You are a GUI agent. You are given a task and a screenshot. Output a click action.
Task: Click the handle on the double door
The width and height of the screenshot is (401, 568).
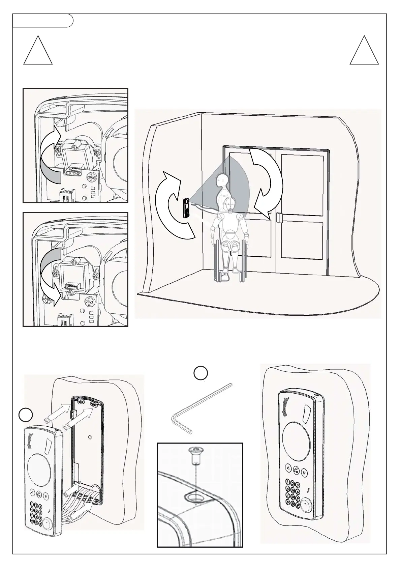click(x=279, y=218)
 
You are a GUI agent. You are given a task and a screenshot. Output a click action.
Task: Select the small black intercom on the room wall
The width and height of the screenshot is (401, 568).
click(x=186, y=209)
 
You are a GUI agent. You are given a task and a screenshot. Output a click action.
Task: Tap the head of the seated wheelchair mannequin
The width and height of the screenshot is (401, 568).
click(x=230, y=204)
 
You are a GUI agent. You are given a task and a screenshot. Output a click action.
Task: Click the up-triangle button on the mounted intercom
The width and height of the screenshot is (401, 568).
click(x=288, y=467)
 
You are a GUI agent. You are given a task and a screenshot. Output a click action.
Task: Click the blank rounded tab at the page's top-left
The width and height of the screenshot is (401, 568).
click(x=42, y=21)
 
